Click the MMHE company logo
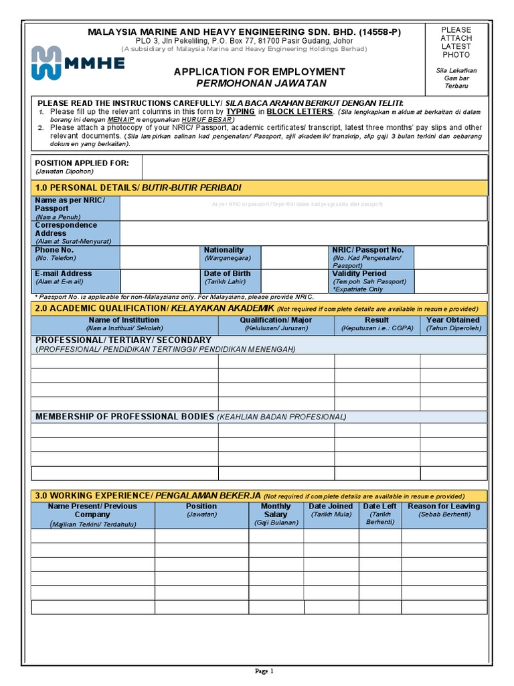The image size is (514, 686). [78, 63]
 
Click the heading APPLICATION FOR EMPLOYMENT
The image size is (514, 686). [260, 72]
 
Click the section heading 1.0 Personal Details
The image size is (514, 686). [137, 187]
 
